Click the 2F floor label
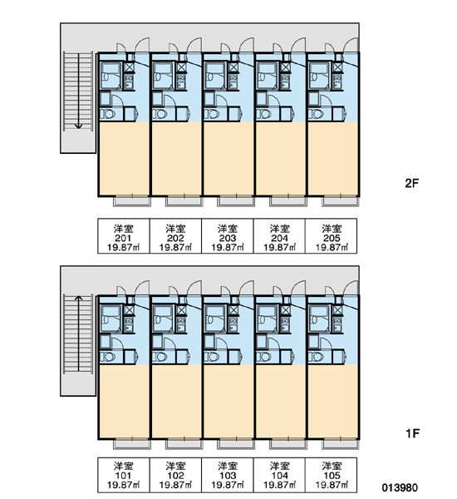(412, 183)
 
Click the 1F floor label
(412, 433)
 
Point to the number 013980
(400, 487)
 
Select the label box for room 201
(124, 236)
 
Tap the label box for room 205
(331, 236)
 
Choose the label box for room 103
(228, 475)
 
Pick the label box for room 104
(279, 475)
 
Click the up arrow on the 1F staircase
(78, 333)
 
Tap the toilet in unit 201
(107, 114)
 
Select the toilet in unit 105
(316, 357)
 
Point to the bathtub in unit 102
(162, 319)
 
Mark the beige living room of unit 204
(280, 158)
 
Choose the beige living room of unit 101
(124, 401)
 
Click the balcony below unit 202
(184, 201)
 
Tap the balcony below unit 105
(340, 444)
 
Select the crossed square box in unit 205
(337, 67)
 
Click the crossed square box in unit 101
(129, 310)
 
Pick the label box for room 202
(175, 236)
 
